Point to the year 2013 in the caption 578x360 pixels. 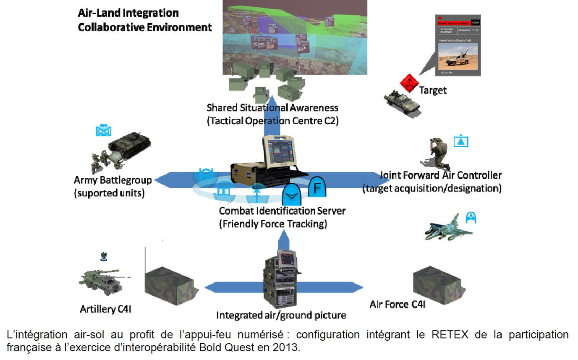[x=290, y=348]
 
